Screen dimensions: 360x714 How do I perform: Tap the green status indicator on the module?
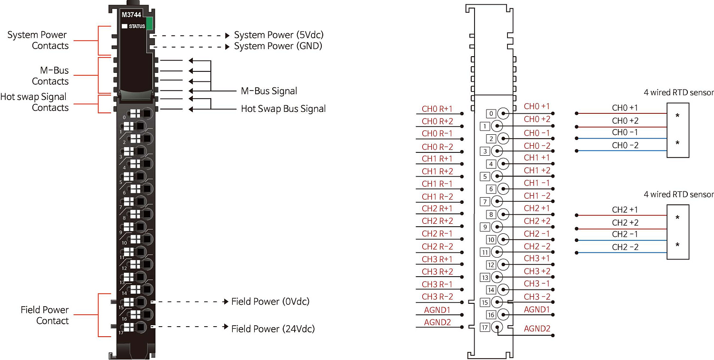tap(149, 23)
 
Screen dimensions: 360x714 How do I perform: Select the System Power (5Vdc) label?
tap(279, 35)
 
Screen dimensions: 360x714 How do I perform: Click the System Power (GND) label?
tap(278, 46)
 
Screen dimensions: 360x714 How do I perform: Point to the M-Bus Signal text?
tap(269, 91)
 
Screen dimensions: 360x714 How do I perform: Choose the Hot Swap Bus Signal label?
tap(283, 109)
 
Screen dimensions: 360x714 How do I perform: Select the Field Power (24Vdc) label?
tap(273, 329)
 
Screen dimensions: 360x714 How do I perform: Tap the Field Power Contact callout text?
tap(45, 315)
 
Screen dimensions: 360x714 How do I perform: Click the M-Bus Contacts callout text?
tap(50, 76)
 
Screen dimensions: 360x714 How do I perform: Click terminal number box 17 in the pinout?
tap(485, 328)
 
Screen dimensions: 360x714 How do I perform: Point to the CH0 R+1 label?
tap(437, 109)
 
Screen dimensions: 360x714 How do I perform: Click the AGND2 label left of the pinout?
tap(437, 322)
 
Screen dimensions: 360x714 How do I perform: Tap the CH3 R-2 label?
tap(437, 297)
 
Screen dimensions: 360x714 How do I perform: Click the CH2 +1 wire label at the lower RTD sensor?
tap(625, 210)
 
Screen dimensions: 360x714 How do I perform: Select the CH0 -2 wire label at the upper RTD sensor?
tap(625, 145)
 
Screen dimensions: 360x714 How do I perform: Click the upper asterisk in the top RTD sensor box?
tap(677, 117)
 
